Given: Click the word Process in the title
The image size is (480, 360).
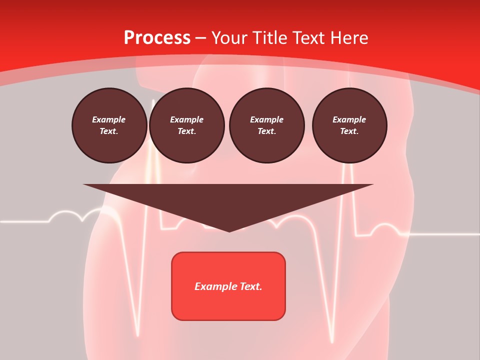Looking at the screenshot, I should click(x=157, y=38).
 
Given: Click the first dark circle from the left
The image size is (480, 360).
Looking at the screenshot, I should click(x=109, y=125).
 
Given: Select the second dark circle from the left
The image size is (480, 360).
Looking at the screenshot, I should click(x=186, y=125).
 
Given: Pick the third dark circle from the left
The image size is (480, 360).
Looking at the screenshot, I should click(x=266, y=125).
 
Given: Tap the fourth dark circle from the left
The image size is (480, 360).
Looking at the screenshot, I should click(x=349, y=125).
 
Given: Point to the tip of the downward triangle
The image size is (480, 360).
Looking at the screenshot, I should click(x=229, y=231).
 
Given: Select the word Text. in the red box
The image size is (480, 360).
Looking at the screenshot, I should click(x=250, y=286).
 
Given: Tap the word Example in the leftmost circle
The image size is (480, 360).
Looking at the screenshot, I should click(x=109, y=119).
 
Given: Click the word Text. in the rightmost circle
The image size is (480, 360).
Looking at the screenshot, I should click(x=349, y=131).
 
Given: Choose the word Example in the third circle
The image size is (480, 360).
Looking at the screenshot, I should click(x=266, y=119).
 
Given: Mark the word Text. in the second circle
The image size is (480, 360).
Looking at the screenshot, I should click(x=186, y=131).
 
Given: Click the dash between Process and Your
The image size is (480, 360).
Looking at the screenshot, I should click(x=200, y=38).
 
